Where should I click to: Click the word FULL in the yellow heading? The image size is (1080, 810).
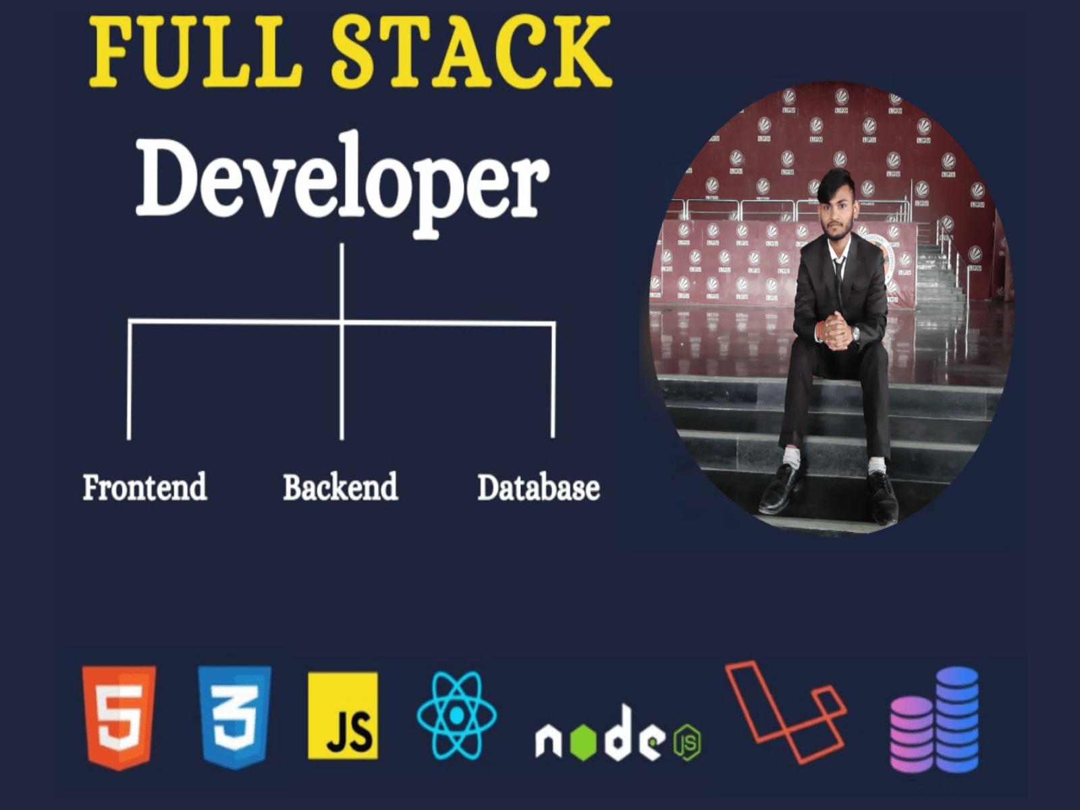[x=195, y=52]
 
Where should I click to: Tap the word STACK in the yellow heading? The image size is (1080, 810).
[x=471, y=52]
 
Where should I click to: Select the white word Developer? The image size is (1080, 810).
[x=342, y=185]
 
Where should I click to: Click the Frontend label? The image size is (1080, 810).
[x=144, y=487]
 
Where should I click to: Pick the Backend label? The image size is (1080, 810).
[x=340, y=487]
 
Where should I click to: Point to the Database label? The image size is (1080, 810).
[x=539, y=487]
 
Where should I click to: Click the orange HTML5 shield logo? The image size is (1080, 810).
[x=119, y=718]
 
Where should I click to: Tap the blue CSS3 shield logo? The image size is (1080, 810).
[x=234, y=718]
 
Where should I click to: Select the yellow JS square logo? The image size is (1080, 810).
[x=343, y=715]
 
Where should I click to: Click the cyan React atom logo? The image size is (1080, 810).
[x=456, y=716]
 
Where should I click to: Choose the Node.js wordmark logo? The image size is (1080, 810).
[x=618, y=733]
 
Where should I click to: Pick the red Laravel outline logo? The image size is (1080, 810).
[x=786, y=711]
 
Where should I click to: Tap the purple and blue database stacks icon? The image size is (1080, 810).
[x=934, y=719]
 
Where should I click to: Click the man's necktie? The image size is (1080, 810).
[x=839, y=279]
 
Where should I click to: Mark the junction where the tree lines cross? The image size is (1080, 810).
[x=342, y=323]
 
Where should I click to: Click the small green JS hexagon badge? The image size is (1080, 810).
[x=688, y=742]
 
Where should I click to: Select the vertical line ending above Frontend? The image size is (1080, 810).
[x=129, y=379]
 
